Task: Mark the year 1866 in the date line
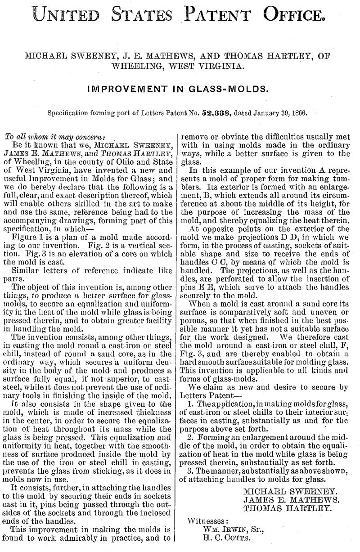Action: click(299, 113)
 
